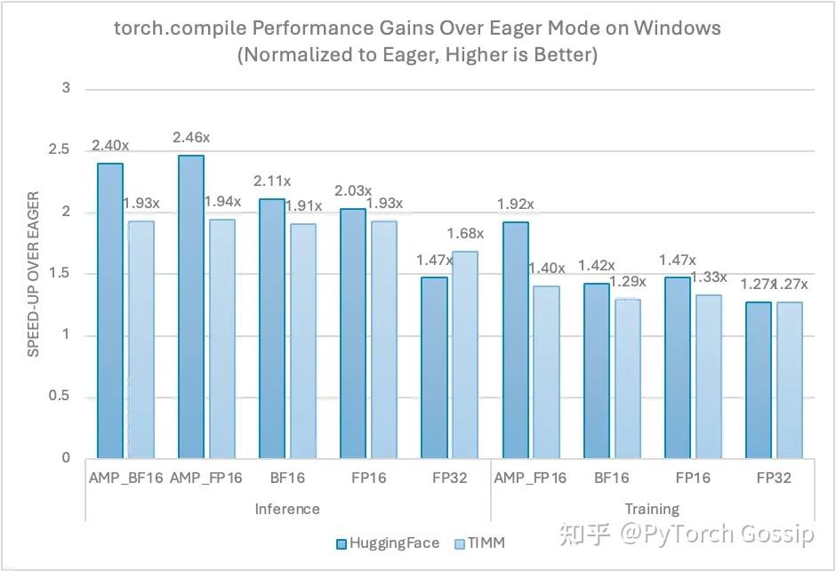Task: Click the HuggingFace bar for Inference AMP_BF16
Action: click(x=111, y=311)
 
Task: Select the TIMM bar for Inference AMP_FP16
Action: click(x=223, y=339)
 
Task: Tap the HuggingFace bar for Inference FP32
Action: click(x=434, y=368)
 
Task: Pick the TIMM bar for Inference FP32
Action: click(x=466, y=355)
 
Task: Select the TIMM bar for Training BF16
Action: click(x=627, y=379)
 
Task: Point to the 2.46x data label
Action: click(x=191, y=138)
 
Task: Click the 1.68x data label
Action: click(x=465, y=234)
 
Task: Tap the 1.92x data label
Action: click(x=515, y=205)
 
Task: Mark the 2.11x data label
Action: click(x=272, y=181)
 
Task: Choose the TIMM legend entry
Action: click(x=483, y=543)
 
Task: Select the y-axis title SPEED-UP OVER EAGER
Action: click(x=34, y=274)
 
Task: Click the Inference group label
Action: click(x=287, y=509)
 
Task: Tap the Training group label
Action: click(x=652, y=509)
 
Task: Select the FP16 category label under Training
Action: click(x=693, y=479)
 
